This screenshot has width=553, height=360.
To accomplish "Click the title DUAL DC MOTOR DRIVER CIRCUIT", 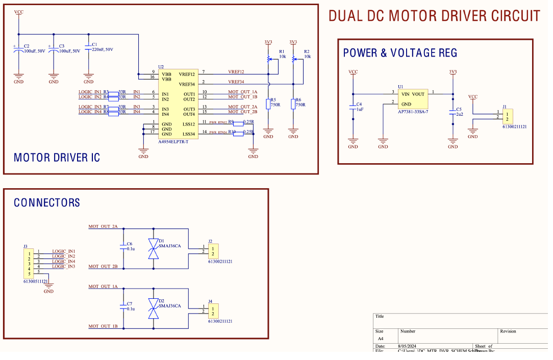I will pyautogui.click(x=434, y=16).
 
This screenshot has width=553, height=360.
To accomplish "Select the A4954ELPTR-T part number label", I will pyautogui.click(x=173, y=141).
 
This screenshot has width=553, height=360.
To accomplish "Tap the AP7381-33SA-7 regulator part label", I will pyautogui.click(x=413, y=111).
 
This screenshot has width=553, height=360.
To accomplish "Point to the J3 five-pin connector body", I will pyautogui.click(x=30, y=263).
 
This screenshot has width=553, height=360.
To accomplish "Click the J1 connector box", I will pyautogui.click(x=507, y=116).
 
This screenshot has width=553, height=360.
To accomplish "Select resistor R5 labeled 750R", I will pyautogui.click(x=268, y=104).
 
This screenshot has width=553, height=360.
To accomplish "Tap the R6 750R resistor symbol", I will pyautogui.click(x=293, y=104).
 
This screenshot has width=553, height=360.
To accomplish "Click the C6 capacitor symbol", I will pyautogui.click(x=122, y=247).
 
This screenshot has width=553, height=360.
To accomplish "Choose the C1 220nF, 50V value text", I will pyautogui.click(x=103, y=49).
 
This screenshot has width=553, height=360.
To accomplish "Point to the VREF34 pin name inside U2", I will pyautogui.click(x=187, y=84).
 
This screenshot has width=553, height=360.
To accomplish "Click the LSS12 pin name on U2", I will pyautogui.click(x=189, y=124).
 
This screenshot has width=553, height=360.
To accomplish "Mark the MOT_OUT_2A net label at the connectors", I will pyautogui.click(x=103, y=226).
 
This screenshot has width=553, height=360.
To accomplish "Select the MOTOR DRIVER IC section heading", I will pyautogui.click(x=57, y=158).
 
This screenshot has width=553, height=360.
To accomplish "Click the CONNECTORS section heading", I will pyautogui.click(x=47, y=203).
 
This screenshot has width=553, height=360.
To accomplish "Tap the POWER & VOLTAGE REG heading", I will pyautogui.click(x=400, y=53).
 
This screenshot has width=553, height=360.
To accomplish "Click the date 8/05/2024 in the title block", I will pyautogui.click(x=410, y=346).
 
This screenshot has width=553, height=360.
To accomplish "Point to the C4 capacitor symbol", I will pyautogui.click(x=353, y=108).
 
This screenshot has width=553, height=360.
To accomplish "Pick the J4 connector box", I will pyautogui.click(x=213, y=311).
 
